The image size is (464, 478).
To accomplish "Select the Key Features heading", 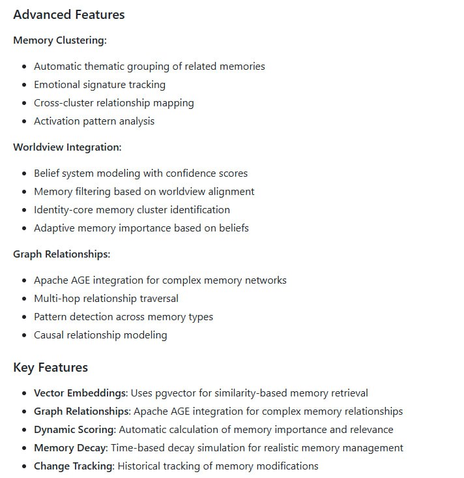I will (x=50, y=367).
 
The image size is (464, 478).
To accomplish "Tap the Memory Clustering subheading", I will (x=59, y=40).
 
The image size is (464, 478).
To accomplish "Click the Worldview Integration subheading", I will (x=67, y=147).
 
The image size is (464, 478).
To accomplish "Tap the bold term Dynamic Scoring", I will (x=74, y=430).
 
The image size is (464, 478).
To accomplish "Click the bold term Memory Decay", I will (x=70, y=448).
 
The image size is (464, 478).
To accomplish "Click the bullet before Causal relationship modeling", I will (x=24, y=335).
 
